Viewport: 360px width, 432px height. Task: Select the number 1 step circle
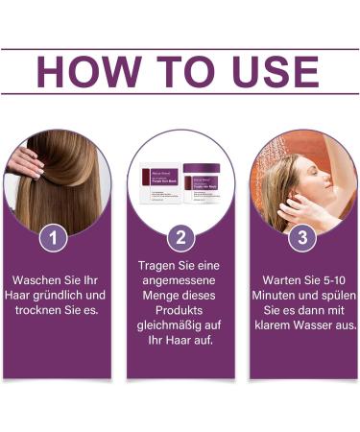coord(56,235)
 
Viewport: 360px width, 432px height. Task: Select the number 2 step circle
coord(180,235)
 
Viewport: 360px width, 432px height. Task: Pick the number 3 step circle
coord(303,235)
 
